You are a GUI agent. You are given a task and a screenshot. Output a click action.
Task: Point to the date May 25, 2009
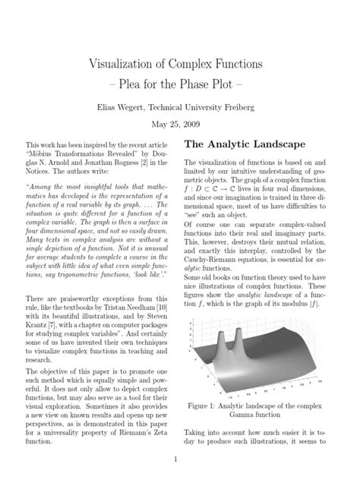coord(179,125)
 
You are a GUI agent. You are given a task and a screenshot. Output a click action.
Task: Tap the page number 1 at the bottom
coord(175,459)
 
